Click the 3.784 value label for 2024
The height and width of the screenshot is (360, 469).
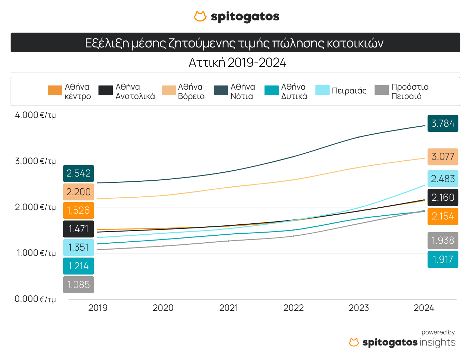tap(443, 123)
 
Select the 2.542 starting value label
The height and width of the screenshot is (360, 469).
tap(79, 173)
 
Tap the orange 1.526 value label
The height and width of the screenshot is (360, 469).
tap(79, 210)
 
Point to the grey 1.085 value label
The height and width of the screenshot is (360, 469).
tap(79, 285)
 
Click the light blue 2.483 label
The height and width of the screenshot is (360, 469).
tap(443, 179)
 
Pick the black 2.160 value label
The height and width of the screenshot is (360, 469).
tap(443, 198)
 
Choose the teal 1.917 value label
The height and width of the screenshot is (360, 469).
tap(443, 259)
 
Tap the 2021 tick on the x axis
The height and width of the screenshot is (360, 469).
tap(229, 308)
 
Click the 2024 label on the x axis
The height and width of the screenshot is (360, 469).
tap(424, 308)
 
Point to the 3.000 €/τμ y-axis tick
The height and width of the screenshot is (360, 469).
tap(35, 161)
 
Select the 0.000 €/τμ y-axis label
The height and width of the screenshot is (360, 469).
tap(35, 299)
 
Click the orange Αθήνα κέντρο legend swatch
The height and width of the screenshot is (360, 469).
tap(55, 90)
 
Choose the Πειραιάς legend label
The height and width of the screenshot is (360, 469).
tap(349, 91)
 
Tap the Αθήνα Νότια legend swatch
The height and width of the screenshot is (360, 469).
tap(221, 90)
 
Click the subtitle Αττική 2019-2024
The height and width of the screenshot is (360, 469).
tap(238, 63)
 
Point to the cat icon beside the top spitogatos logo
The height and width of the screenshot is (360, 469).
tap(200, 16)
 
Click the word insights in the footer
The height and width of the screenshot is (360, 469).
tap(437, 342)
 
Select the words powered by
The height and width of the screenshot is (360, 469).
tap(438, 332)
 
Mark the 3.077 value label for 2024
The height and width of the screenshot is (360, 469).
tap(443, 157)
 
